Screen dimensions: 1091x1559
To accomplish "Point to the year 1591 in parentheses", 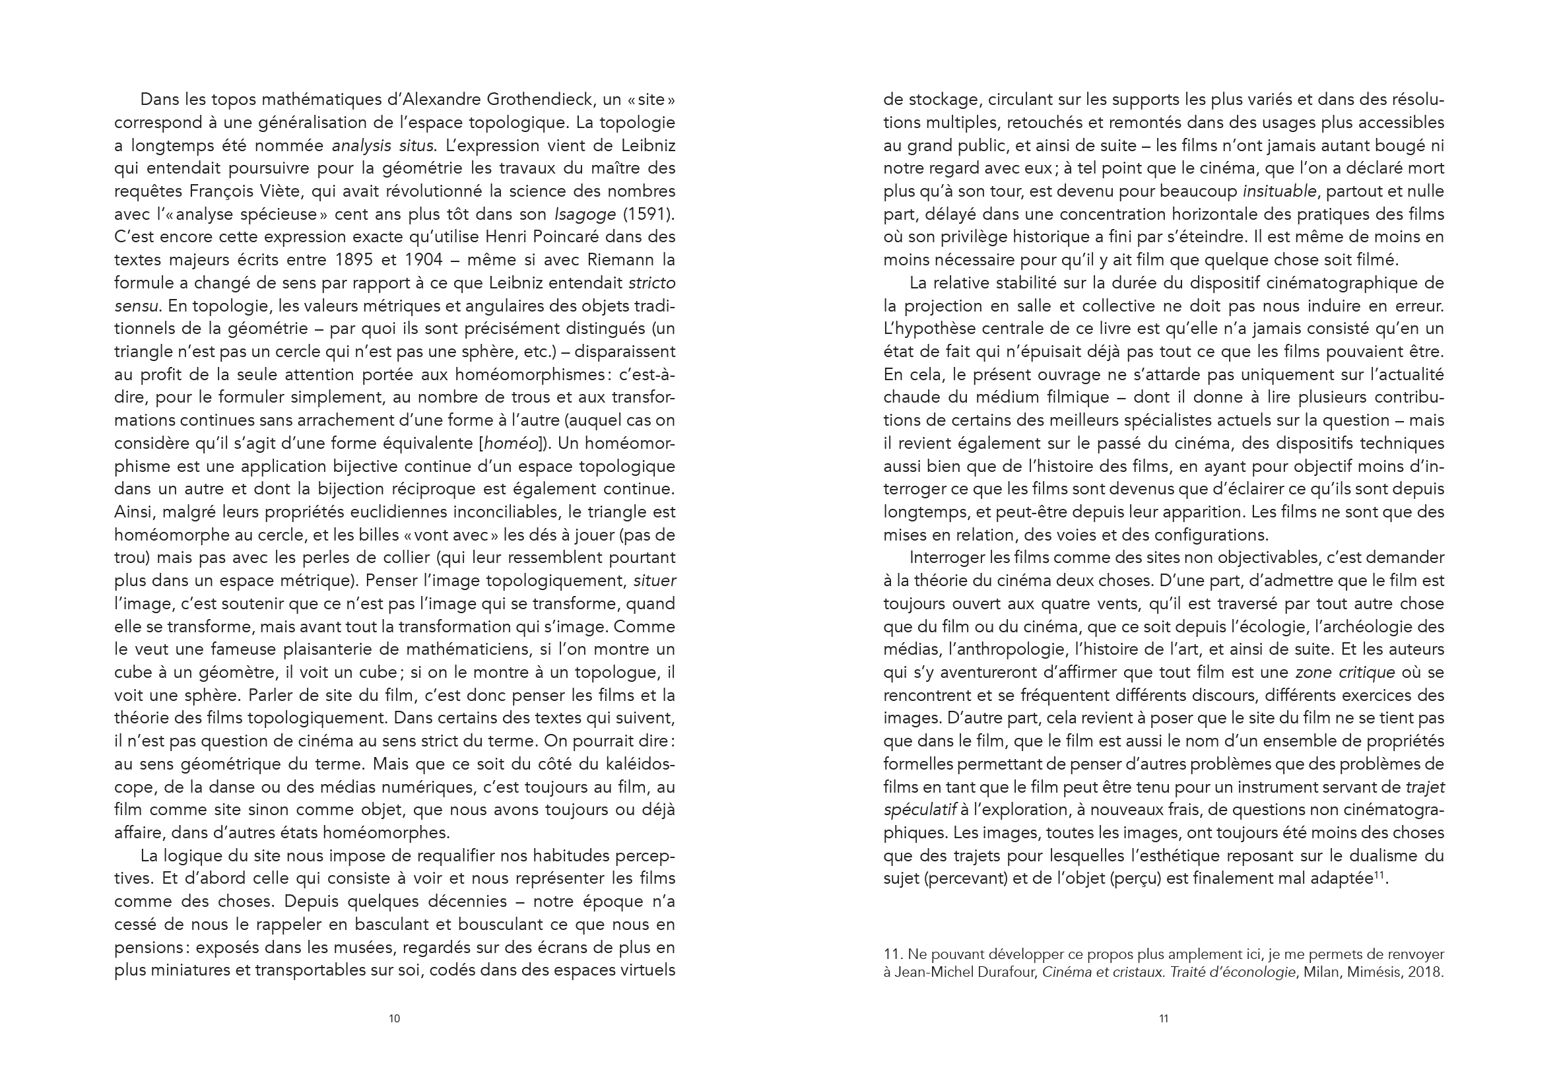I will pyautogui.click(x=648, y=215).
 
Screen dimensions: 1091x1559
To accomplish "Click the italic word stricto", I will pyautogui.click(x=651, y=283).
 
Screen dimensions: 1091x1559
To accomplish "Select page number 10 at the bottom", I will pyautogui.click(x=394, y=1018).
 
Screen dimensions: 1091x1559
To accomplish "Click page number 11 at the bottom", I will pyautogui.click(x=1164, y=1018).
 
